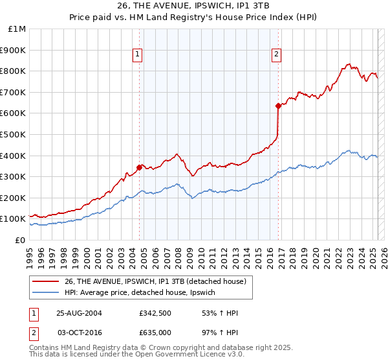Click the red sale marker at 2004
(140, 167)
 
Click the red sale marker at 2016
(278, 106)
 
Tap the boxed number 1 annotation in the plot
(138, 55)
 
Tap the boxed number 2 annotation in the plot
(276, 55)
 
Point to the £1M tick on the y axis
(17, 29)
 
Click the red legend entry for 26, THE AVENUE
(155, 281)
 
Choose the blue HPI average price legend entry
(143, 293)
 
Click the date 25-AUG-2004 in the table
(79, 314)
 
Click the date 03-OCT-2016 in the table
(79, 332)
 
